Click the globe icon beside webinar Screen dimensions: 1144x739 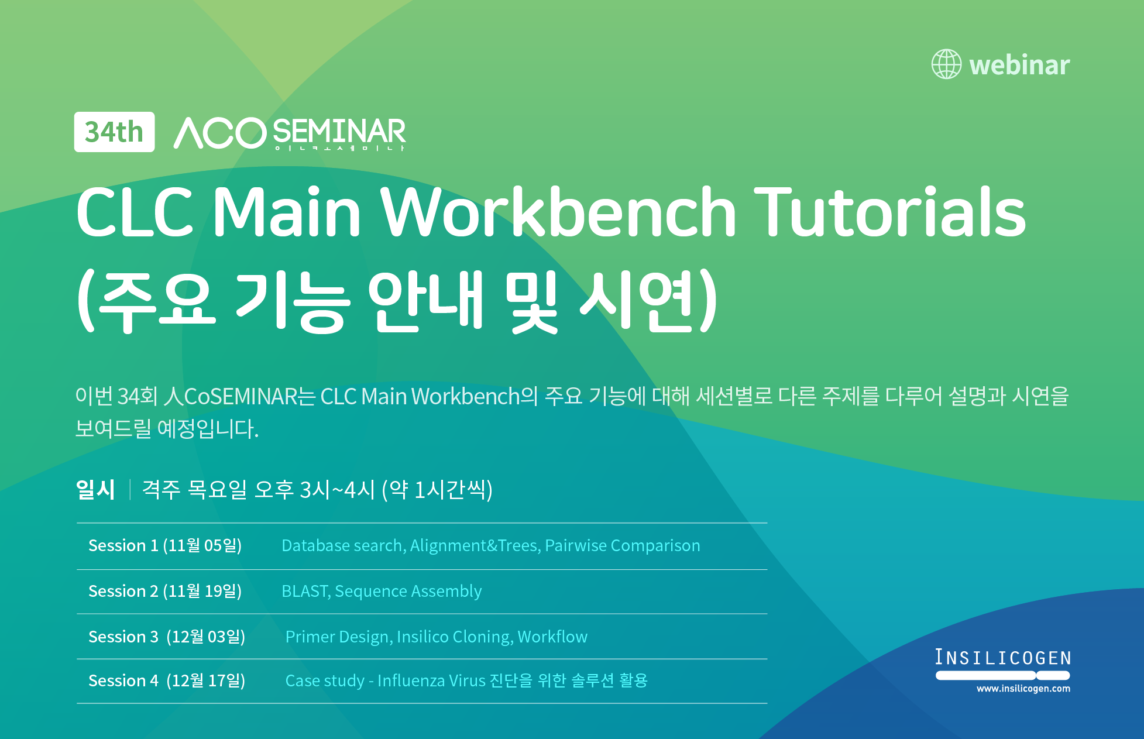[946, 64]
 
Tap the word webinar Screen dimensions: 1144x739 [1019, 64]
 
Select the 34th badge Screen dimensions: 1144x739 [114, 132]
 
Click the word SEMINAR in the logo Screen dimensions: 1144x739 [339, 131]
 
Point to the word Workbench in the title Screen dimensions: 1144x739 [559, 211]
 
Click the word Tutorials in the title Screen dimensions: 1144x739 [890, 211]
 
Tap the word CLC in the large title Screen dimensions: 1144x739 [135, 212]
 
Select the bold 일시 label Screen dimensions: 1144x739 [95, 489]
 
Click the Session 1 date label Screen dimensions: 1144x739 [165, 545]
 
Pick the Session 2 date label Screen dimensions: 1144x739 [165, 591]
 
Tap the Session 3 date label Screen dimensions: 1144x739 [167, 637]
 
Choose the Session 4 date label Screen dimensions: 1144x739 [167, 680]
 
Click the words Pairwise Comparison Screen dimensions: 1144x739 [623, 545]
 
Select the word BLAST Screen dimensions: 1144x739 [305, 591]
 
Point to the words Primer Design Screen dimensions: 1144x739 [338, 637]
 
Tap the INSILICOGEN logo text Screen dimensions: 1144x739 [1003, 658]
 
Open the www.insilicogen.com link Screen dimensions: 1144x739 [1023, 689]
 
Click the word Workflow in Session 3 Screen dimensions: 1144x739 [552, 637]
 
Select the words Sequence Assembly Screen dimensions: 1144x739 [408, 592]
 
